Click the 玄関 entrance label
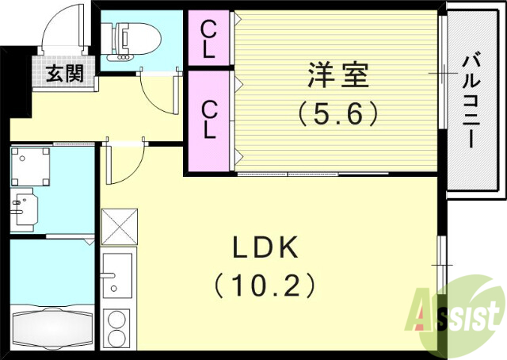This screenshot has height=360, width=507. tap(64, 75)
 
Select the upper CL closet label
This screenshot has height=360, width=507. tap(208, 38)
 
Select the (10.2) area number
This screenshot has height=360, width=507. tap(265, 283)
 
